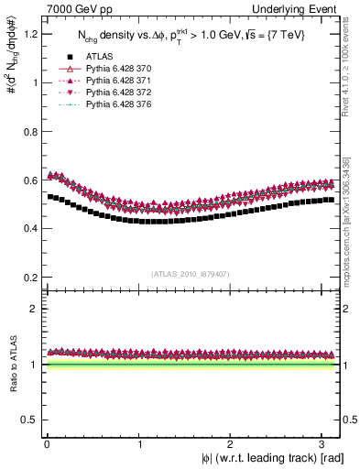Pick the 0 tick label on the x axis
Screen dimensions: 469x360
47,443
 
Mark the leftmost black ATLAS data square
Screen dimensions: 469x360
51,196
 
